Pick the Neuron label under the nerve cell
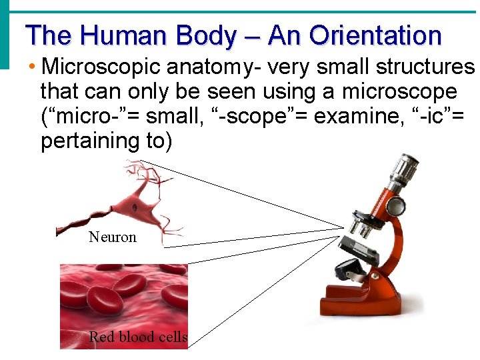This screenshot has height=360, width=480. (112, 237)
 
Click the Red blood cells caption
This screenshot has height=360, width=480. (138, 337)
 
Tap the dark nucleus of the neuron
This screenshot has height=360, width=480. (135, 207)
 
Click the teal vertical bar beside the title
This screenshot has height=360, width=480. (5, 33)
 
